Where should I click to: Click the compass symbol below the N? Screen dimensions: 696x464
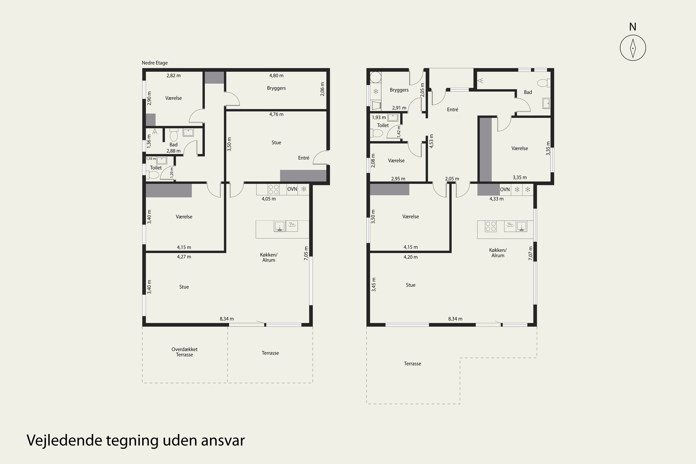click(x=633, y=48)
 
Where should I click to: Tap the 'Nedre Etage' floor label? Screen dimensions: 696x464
click(x=155, y=63)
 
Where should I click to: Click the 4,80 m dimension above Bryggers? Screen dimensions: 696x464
click(x=276, y=75)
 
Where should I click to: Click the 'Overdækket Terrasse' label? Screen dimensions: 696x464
click(x=184, y=352)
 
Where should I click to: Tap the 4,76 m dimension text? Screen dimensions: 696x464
click(x=276, y=114)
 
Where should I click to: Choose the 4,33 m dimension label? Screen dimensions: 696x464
click(x=496, y=199)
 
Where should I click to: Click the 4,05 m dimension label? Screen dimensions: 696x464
click(x=268, y=199)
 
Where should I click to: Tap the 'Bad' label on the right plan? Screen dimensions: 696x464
click(x=528, y=92)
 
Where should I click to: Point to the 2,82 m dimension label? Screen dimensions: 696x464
click(x=174, y=75)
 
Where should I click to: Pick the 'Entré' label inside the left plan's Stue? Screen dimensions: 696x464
click(x=303, y=158)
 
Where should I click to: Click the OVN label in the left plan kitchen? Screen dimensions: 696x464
click(x=292, y=189)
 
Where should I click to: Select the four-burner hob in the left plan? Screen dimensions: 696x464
click(x=273, y=189)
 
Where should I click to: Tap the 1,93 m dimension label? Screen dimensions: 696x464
click(x=379, y=118)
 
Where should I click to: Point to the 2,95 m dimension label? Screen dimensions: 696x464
click(x=398, y=179)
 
